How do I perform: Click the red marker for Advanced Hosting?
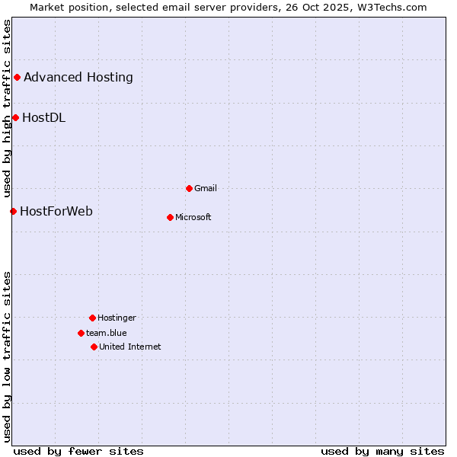17,77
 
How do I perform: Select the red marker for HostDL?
15,117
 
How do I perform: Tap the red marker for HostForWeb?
13,211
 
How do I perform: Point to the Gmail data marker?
189,188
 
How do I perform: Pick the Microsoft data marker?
170,217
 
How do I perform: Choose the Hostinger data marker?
92,318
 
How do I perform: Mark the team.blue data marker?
81,333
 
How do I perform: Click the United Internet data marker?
94,347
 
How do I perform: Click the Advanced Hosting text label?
78,77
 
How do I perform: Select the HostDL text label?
43,117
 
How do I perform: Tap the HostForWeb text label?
56,211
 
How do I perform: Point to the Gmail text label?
206,188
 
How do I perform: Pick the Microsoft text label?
193,217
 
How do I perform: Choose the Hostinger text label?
117,318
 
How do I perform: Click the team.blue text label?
107,333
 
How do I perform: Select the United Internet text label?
130,347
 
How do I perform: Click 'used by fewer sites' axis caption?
78,451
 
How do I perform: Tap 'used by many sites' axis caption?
382,451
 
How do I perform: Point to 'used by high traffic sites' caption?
7,107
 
